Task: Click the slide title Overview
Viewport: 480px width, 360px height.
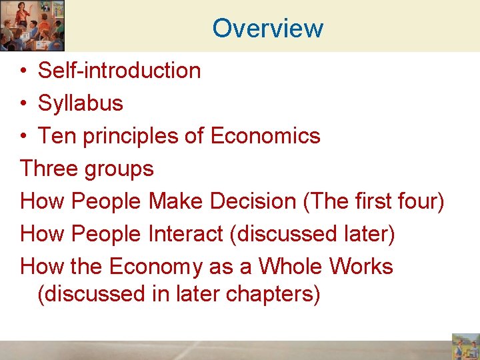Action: click(x=268, y=28)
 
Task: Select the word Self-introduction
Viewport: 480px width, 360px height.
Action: click(x=119, y=70)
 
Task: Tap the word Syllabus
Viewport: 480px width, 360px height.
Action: click(x=81, y=103)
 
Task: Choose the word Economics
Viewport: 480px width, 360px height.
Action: click(x=265, y=135)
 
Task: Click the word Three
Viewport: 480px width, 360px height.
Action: click(x=49, y=168)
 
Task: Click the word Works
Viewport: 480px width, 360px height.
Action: click(x=361, y=266)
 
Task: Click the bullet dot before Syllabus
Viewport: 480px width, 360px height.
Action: click(x=23, y=103)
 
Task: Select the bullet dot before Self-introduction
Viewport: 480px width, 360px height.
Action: click(x=23, y=71)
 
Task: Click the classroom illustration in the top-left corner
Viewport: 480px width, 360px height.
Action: click(x=32, y=25)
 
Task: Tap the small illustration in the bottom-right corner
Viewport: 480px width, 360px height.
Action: click(x=465, y=347)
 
